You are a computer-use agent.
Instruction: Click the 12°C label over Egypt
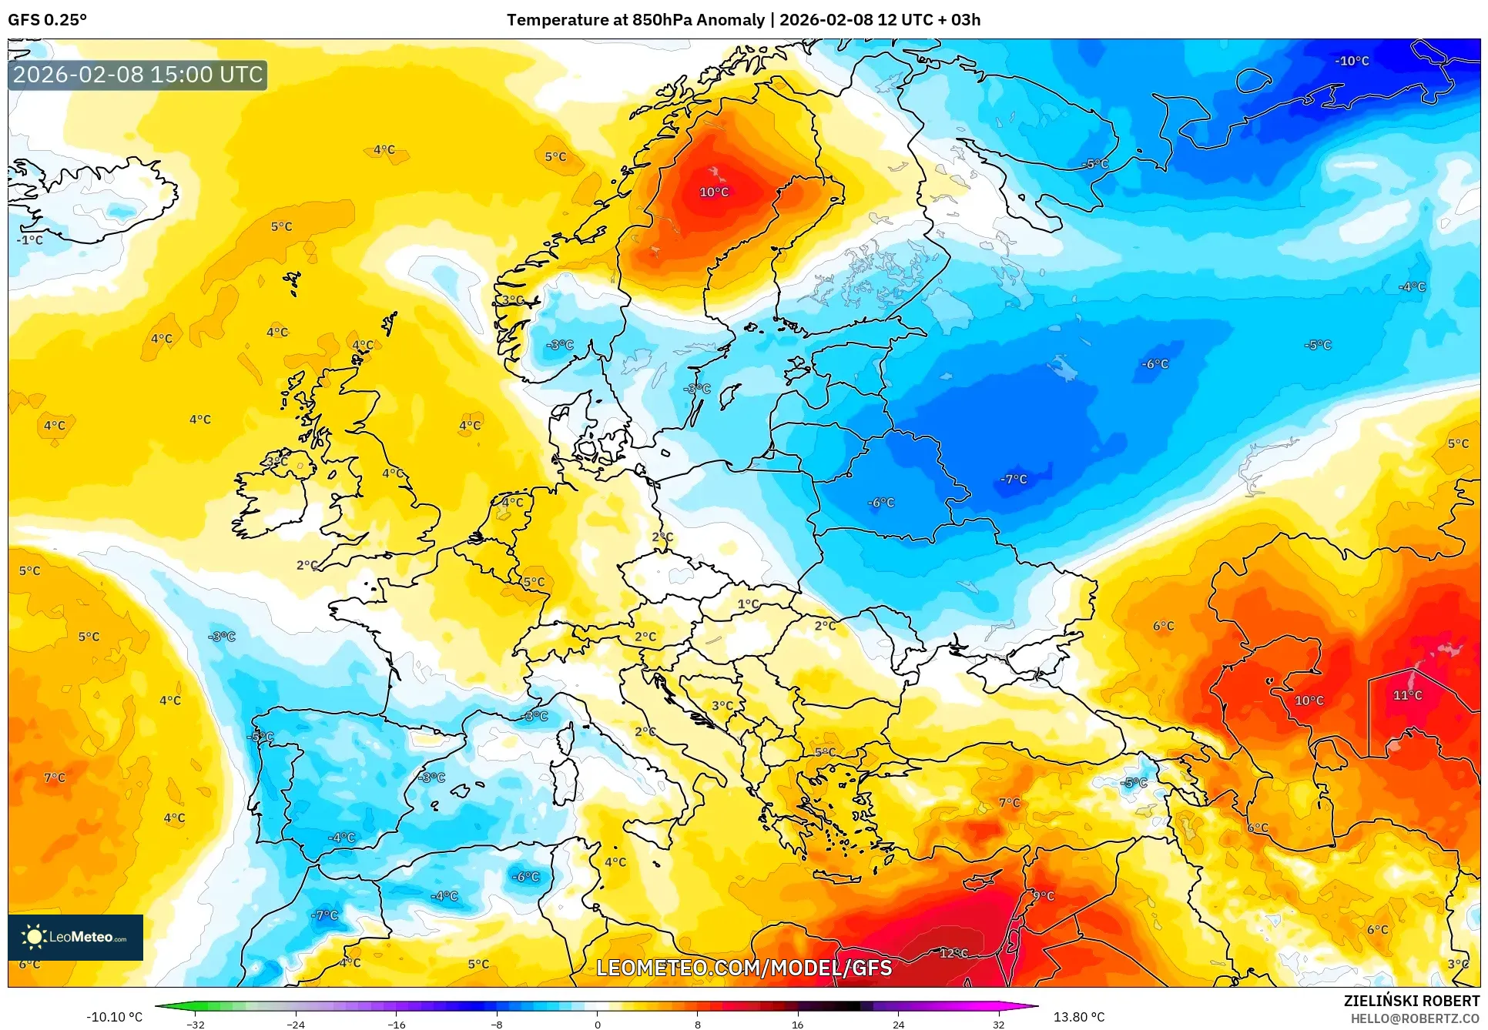coord(953,953)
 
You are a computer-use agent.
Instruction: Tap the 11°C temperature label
coord(1407,695)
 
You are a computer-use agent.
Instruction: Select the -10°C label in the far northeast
coord(1352,61)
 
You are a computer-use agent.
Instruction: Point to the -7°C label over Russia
coord(1014,479)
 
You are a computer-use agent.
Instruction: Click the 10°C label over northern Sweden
coord(714,192)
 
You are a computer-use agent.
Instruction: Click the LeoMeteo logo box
coord(75,937)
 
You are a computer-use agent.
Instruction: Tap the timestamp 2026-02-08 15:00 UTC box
coord(138,75)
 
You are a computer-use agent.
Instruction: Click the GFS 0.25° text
coord(47,20)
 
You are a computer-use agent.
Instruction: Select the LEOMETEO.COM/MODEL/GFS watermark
coord(744,968)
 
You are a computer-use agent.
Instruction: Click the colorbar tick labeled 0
coord(597,1024)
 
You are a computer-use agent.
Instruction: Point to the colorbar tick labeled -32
coord(196,1024)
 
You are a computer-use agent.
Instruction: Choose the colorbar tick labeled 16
coord(797,1024)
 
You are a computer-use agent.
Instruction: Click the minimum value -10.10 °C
coord(114,1017)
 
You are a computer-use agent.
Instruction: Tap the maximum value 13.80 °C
coord(1079,1017)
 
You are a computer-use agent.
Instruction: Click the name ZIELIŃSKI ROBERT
coord(1411,1001)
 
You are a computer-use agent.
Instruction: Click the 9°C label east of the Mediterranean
coord(1044,896)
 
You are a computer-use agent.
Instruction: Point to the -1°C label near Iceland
coord(30,240)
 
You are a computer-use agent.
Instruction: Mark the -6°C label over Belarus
coord(881,503)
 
